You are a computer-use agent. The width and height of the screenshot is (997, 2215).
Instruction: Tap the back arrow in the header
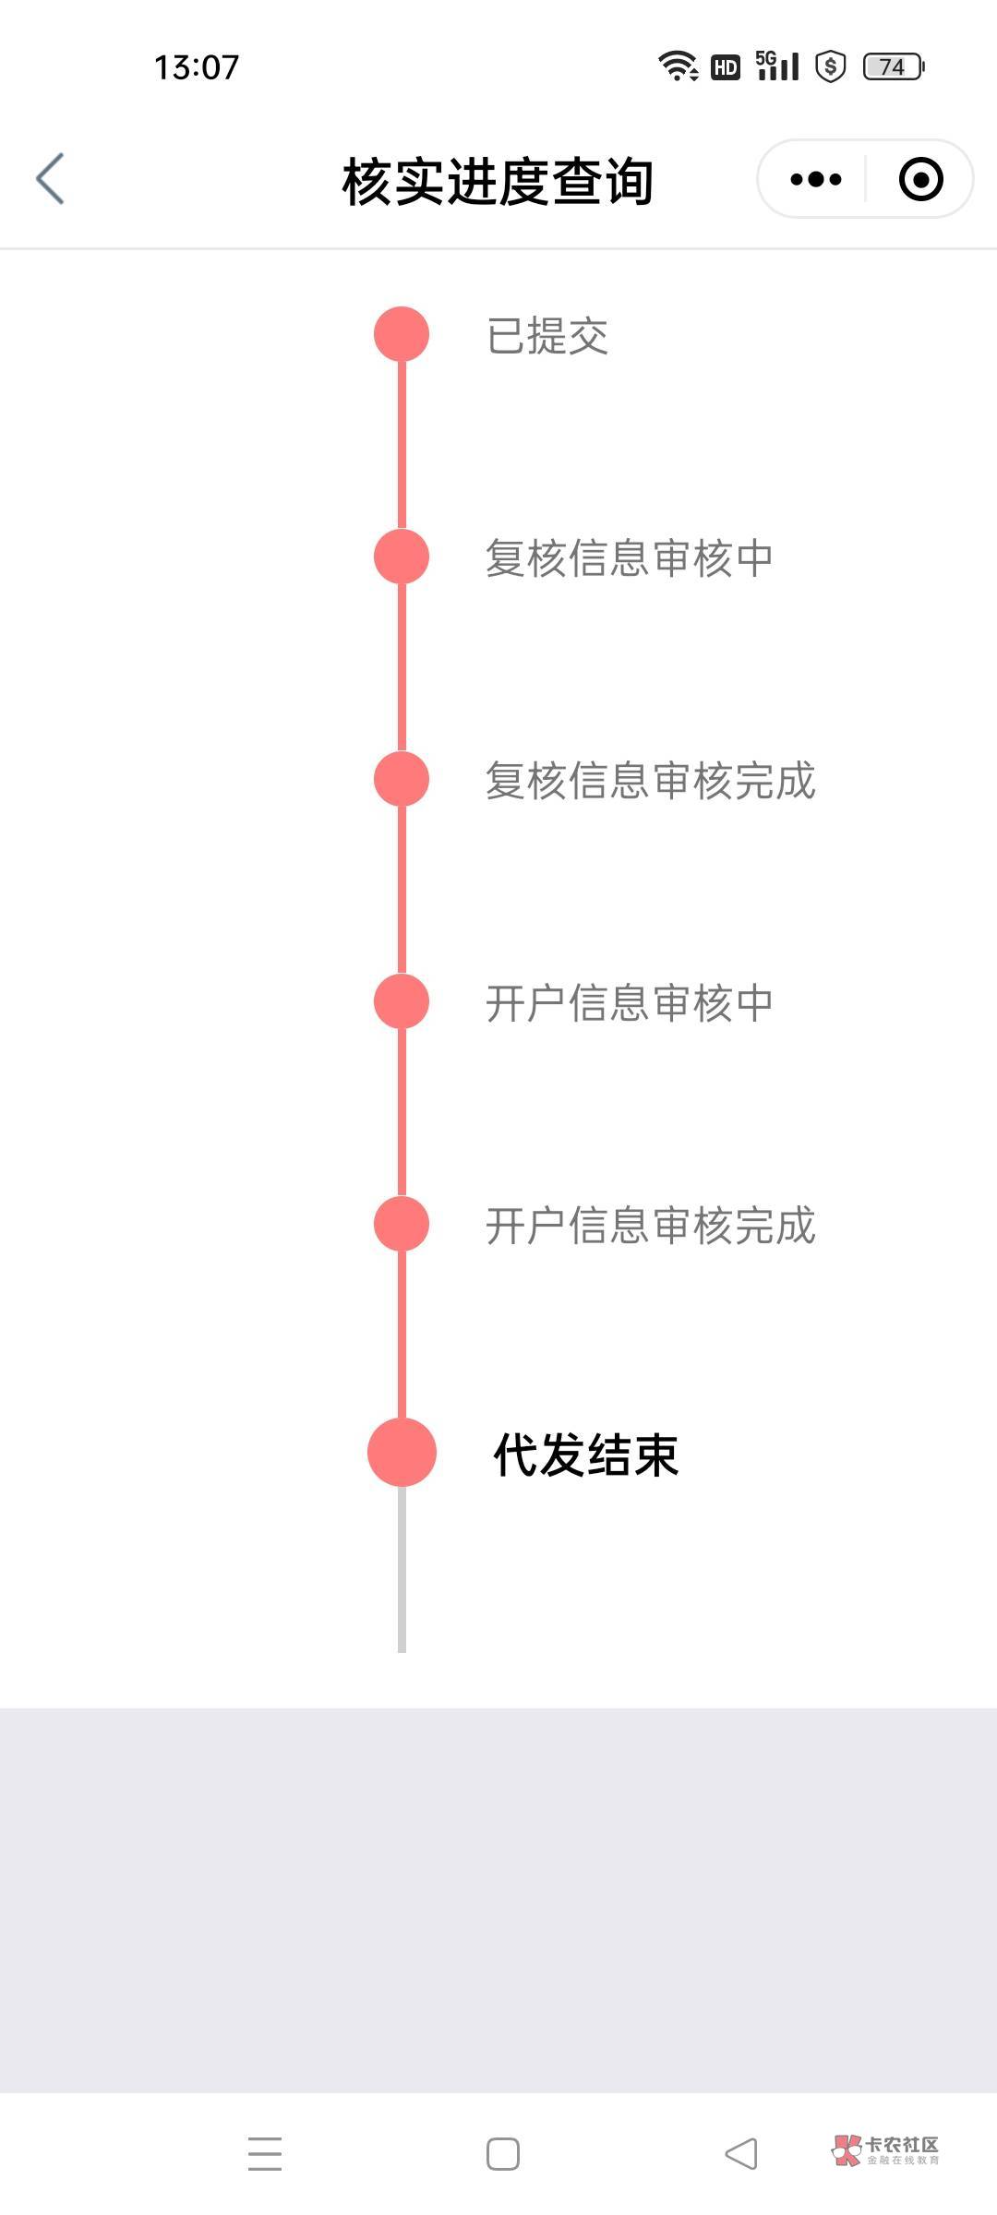(51, 179)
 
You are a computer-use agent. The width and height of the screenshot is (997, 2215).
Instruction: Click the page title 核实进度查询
(498, 181)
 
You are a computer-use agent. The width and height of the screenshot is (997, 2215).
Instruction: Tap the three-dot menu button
(816, 179)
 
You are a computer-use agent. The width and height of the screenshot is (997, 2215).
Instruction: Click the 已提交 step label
(547, 336)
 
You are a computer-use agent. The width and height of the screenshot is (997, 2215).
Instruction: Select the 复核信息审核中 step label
(629, 558)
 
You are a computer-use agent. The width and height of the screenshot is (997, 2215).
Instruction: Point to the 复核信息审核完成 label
(650, 781)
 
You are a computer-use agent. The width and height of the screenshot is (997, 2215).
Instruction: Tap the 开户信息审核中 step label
(629, 1003)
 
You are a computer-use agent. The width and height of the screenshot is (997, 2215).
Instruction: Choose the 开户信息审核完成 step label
(650, 1226)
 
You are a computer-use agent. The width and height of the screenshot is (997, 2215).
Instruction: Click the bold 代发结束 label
(586, 1455)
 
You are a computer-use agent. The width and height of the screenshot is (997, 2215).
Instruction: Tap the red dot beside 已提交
(402, 334)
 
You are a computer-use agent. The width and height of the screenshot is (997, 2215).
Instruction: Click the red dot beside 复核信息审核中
(402, 557)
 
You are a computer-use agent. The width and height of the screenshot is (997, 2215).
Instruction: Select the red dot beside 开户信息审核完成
(402, 1224)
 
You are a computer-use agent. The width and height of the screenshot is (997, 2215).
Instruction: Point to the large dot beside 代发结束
(402, 1453)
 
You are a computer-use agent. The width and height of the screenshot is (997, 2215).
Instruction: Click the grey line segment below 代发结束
(402, 1569)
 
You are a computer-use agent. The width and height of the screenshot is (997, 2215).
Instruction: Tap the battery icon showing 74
(893, 66)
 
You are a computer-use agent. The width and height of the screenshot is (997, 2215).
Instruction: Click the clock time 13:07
(197, 67)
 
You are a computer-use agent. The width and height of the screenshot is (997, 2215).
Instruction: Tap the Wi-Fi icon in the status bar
(678, 66)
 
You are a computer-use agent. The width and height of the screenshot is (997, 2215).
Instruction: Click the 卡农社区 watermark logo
(885, 2150)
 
